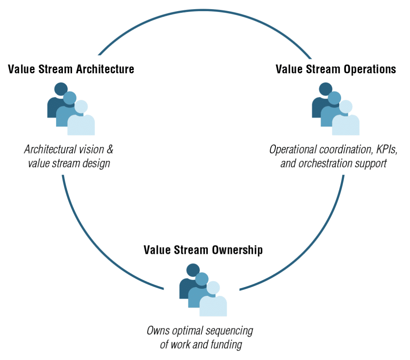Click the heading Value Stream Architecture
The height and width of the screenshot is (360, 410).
[71, 69]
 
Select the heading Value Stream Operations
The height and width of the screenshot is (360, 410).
[336, 69]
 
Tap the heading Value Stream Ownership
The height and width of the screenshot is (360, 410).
[203, 250]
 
